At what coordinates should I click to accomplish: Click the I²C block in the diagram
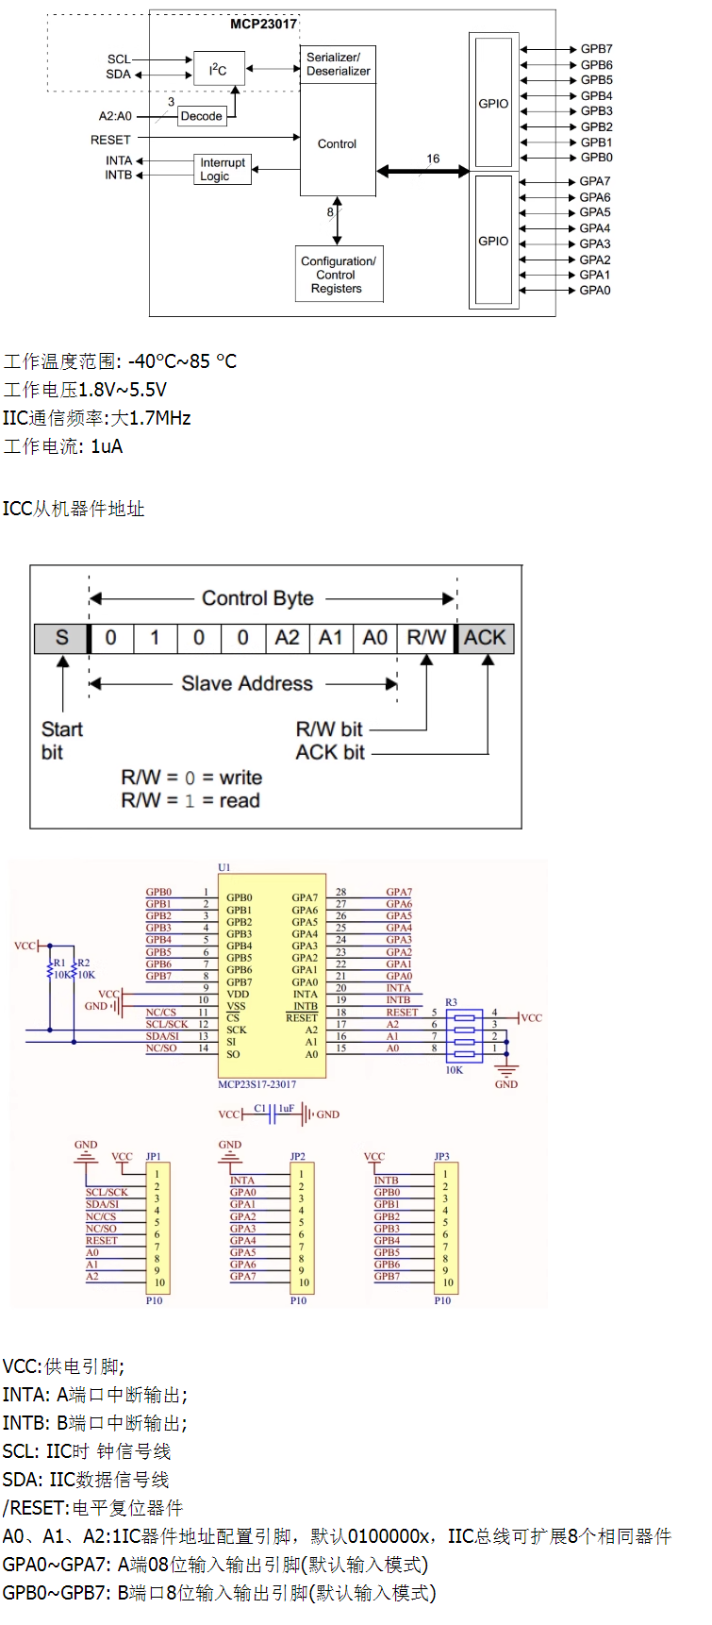[x=219, y=69]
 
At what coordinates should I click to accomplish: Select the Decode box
[x=202, y=116]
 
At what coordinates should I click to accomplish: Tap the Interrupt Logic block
[x=223, y=169]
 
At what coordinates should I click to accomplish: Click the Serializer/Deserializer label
[x=338, y=64]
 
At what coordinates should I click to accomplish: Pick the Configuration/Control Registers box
[x=339, y=275]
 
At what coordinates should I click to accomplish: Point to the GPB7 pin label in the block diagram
[x=596, y=49]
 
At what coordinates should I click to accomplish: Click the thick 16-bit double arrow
[x=423, y=172]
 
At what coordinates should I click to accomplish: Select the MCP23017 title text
[x=264, y=25]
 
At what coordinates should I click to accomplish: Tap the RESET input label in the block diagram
[x=110, y=140]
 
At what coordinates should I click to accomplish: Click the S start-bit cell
[x=61, y=638]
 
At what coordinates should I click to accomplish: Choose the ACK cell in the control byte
[x=486, y=638]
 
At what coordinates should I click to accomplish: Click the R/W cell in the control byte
[x=426, y=638]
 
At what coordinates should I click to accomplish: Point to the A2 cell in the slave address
[x=287, y=638]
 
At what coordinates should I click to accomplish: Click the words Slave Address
[x=247, y=683]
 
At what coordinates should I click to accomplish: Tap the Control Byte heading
[x=257, y=598]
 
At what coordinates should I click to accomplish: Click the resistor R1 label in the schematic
[x=59, y=963]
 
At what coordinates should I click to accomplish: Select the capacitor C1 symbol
[x=272, y=1114]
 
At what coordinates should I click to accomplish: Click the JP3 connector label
[x=442, y=1156]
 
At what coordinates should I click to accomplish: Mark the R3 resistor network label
[x=452, y=1002]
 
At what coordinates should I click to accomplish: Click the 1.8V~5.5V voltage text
[x=123, y=390]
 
